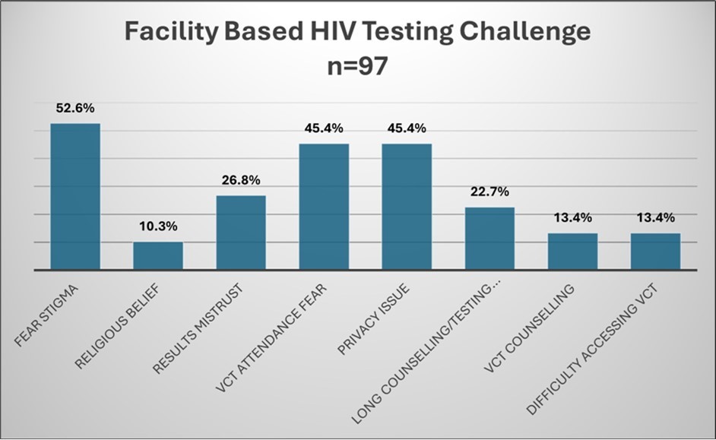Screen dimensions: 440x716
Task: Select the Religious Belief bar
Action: tap(158, 255)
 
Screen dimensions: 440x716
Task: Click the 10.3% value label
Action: tap(158, 226)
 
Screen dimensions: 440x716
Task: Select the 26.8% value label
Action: tap(241, 180)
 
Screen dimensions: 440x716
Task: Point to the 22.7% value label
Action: tap(489, 192)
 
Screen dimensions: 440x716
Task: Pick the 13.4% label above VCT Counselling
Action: tap(572, 218)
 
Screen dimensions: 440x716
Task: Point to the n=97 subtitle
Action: tap(357, 66)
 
